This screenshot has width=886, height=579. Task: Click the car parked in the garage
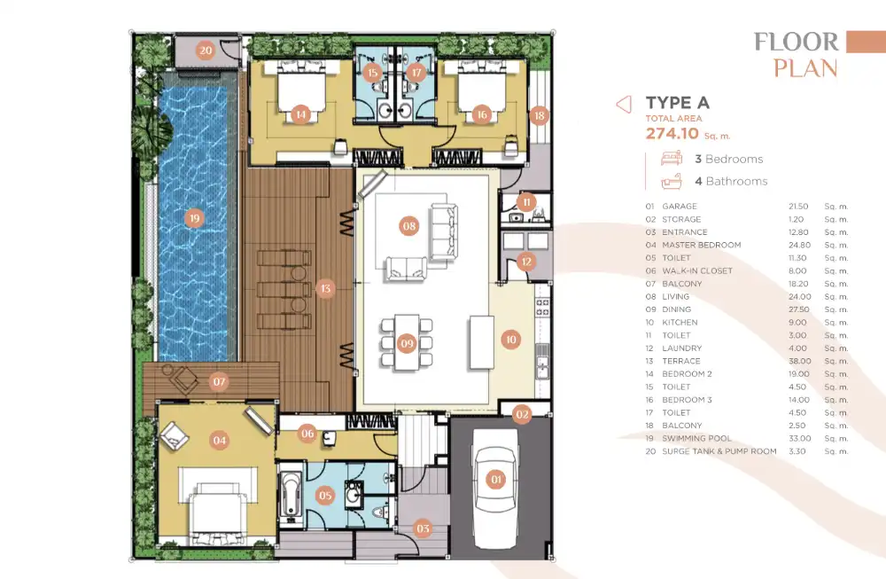coord(495,489)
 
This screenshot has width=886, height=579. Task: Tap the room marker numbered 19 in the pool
coord(194,218)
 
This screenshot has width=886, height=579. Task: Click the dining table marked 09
coord(407,342)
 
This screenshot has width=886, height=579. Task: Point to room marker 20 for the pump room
coord(206,51)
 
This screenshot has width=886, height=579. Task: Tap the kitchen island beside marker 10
coord(481,342)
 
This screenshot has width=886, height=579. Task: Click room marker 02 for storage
coord(522,414)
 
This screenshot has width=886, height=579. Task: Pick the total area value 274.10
coord(672,133)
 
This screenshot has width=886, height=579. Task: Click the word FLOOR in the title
coord(797,42)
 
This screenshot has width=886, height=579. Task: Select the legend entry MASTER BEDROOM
coord(701,245)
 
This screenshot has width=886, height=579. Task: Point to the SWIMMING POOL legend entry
coord(696,438)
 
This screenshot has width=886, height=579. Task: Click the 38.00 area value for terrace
coord(799,361)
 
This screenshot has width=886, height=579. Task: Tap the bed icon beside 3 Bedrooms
coord(672,159)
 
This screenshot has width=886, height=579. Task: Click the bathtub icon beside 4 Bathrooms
coord(672,181)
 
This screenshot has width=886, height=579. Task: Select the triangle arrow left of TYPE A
coord(624,104)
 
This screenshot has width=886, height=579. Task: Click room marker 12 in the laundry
coord(526,262)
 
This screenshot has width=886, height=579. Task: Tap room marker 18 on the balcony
coord(539,115)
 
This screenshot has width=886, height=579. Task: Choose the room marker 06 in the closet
coord(307,434)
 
